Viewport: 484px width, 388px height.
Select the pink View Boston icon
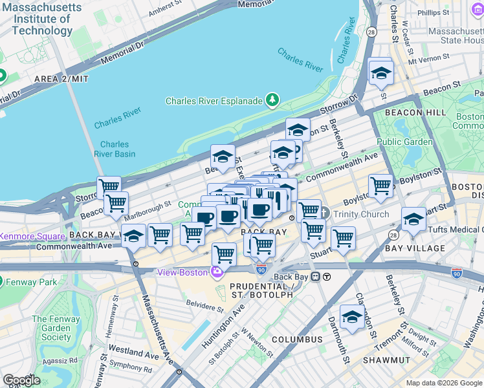point(217,272)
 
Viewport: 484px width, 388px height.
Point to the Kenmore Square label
point(32,237)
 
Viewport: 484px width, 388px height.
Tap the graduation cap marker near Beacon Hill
point(381,72)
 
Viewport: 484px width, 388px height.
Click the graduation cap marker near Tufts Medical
point(413,219)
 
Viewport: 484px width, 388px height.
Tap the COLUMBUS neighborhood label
point(297,339)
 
